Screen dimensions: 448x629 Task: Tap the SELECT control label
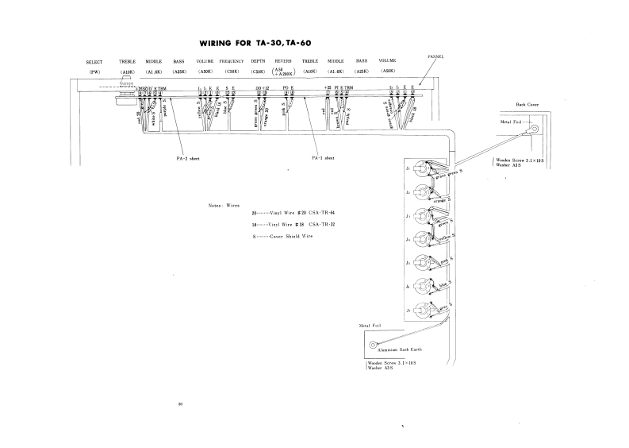[94, 61]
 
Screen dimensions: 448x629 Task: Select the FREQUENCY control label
[232, 61]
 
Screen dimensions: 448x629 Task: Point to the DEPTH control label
[258, 61]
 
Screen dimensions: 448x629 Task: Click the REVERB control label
[283, 61]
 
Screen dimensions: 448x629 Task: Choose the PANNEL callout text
[435, 57]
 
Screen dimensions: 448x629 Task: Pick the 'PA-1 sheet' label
[324, 158]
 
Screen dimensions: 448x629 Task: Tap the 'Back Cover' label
[526, 105]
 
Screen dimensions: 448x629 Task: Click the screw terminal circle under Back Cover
[535, 129]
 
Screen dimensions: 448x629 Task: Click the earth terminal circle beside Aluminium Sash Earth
[373, 346]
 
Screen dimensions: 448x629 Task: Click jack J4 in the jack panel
[420, 239]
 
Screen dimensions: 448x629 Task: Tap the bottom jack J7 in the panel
[420, 308]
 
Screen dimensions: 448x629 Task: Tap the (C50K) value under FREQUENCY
[232, 71]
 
